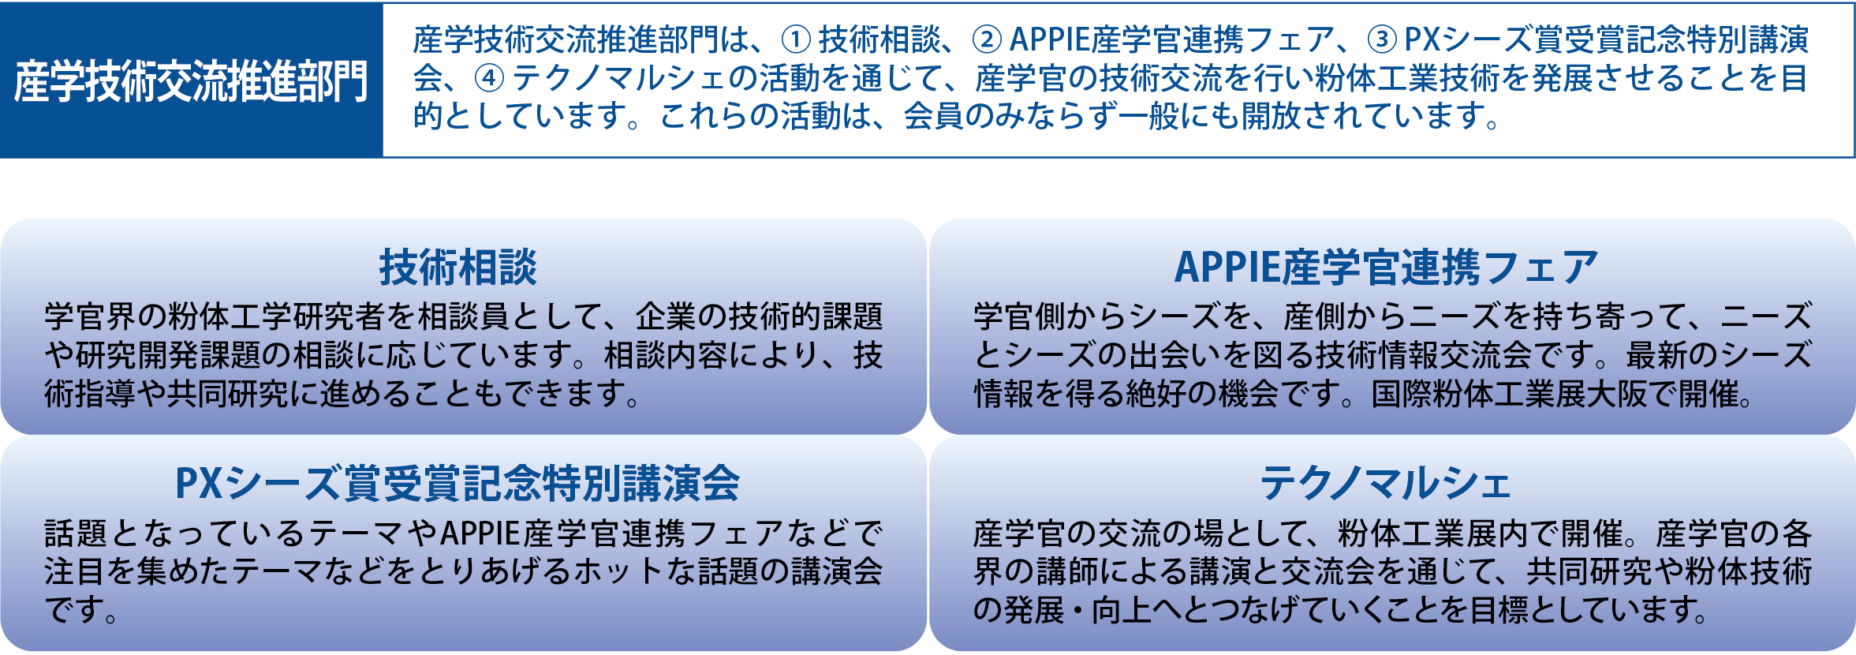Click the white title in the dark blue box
191,81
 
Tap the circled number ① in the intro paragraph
796,39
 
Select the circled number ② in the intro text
987,39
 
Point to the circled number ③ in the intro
1381,39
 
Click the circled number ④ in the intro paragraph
489,77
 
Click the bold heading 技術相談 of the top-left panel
458,267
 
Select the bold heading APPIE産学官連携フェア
1386,267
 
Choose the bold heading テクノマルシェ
1385,483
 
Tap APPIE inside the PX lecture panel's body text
480,533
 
